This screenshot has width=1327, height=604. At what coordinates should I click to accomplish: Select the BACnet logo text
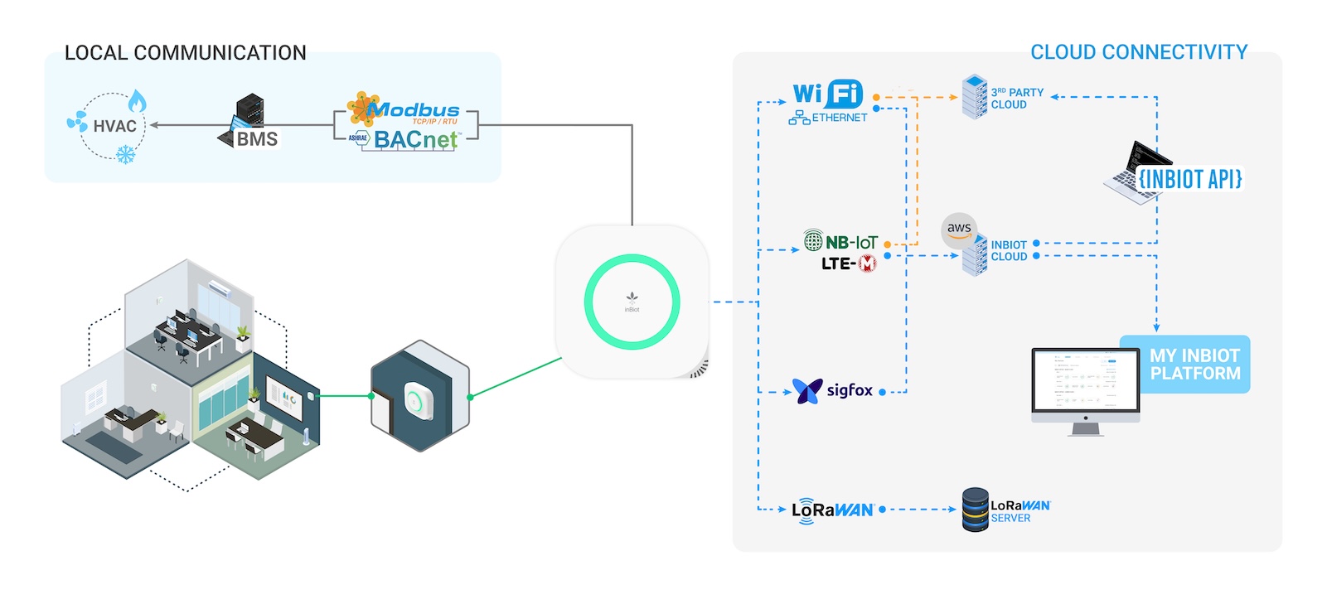[414, 140]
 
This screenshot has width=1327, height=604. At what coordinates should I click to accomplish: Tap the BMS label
[257, 139]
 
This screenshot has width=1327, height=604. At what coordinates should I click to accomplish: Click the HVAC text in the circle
[114, 127]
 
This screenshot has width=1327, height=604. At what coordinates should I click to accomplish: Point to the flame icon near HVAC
[137, 102]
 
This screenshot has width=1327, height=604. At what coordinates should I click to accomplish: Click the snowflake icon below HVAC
[126, 154]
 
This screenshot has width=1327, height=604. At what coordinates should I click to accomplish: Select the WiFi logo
[827, 94]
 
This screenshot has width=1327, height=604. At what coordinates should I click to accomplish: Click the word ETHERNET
[839, 118]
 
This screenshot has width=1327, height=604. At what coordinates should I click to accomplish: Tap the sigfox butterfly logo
[806, 390]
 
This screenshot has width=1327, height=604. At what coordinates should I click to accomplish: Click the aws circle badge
[959, 230]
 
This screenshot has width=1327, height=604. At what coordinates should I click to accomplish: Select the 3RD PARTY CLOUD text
[1017, 99]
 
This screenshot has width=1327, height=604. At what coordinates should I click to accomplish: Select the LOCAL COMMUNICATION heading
[186, 53]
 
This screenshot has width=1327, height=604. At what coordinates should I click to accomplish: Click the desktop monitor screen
[1085, 381]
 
